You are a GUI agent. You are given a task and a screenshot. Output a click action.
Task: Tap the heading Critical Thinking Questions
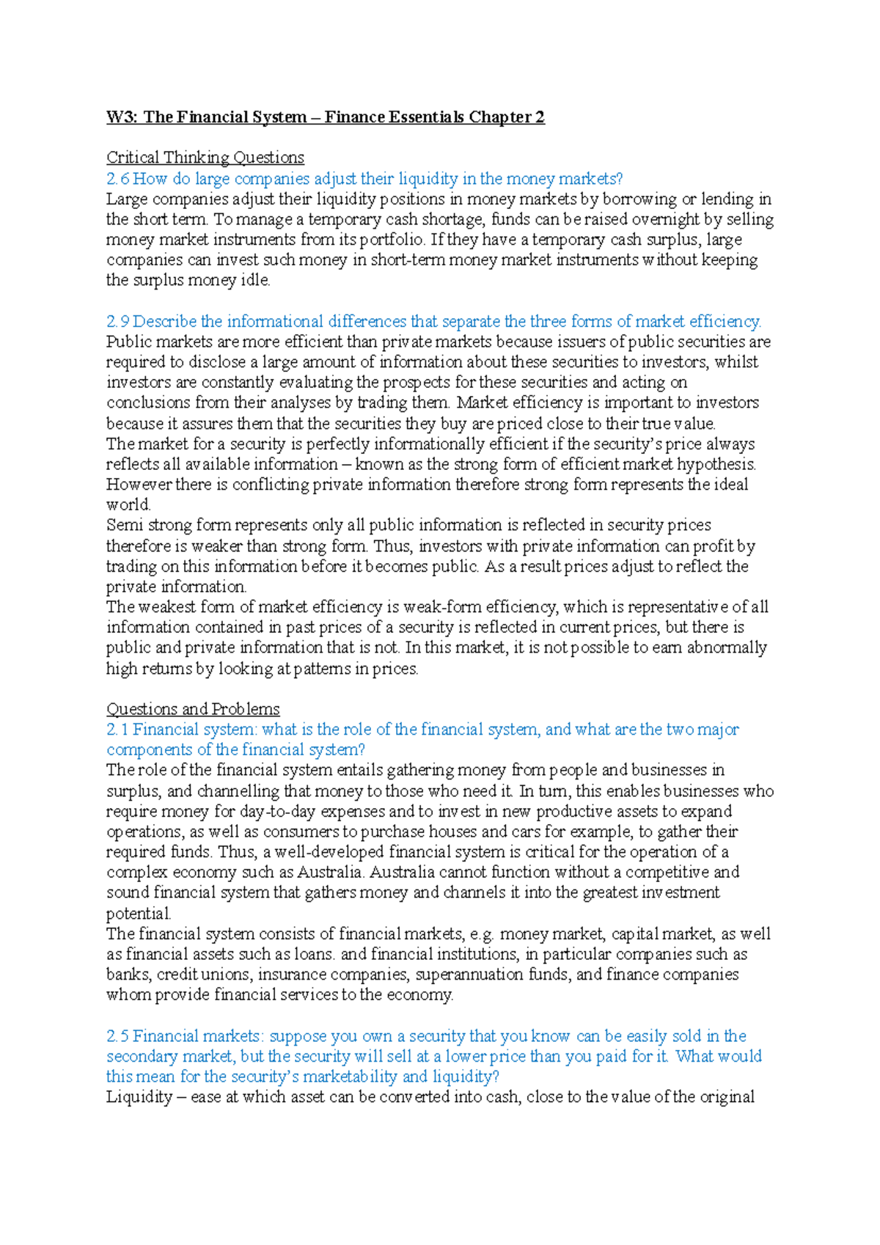pos(205,158)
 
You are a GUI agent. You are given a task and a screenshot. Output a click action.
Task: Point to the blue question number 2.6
pos(117,178)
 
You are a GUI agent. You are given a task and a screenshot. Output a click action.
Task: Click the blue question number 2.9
pos(117,321)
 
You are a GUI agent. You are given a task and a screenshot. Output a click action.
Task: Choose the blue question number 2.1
pos(117,730)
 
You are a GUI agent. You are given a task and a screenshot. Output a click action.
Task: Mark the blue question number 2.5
pos(117,1036)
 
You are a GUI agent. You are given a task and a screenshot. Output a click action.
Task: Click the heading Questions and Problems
pos(193,709)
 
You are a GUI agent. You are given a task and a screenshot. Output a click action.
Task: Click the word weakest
pos(166,607)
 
